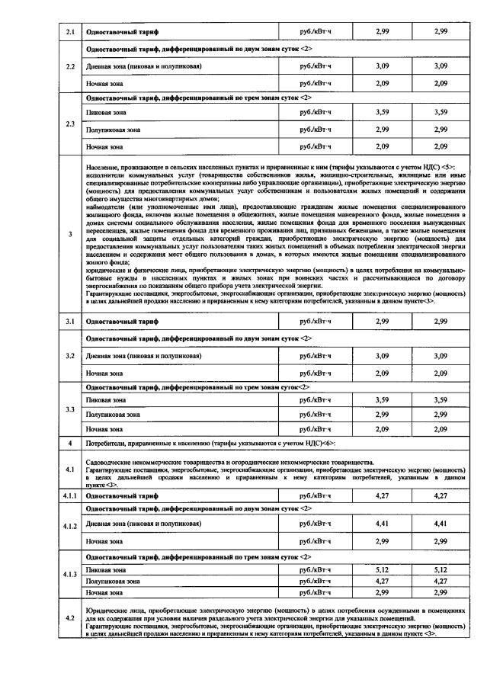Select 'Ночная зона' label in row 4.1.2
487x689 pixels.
point(105,541)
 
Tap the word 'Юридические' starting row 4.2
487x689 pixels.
point(110,611)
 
